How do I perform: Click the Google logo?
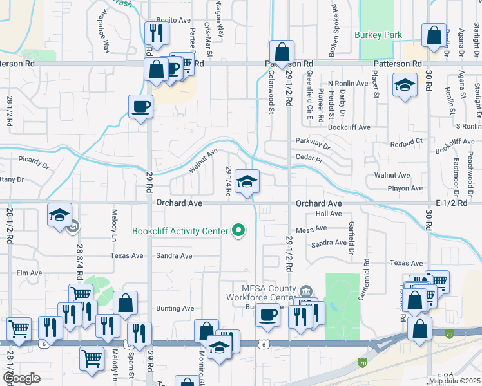click(x=21, y=378)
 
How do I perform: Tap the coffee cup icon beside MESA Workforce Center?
click(x=267, y=315)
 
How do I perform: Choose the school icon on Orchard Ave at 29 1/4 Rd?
click(x=247, y=183)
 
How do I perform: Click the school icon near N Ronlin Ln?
click(x=404, y=86)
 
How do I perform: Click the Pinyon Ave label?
click(x=405, y=188)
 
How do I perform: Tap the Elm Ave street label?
click(x=29, y=273)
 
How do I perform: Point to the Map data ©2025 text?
click(x=453, y=381)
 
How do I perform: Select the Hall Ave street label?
click(x=329, y=214)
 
